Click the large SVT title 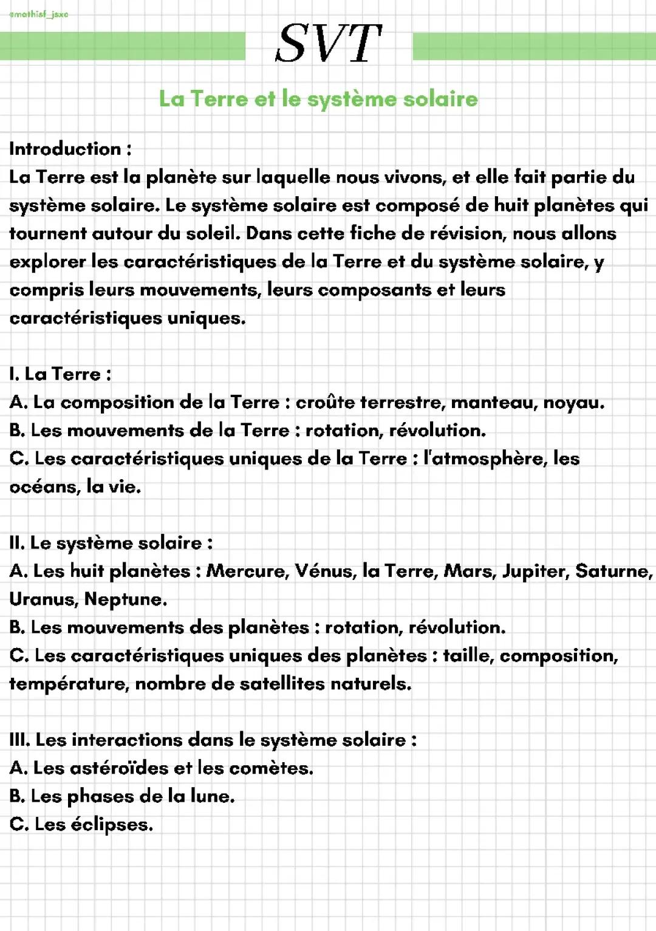[x=329, y=44]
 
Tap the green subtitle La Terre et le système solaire [x=318, y=98]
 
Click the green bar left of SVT [x=122, y=46]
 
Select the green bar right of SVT [x=533, y=46]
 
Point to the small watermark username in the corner [x=39, y=14]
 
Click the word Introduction [x=65, y=149]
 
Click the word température [x=69, y=684]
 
